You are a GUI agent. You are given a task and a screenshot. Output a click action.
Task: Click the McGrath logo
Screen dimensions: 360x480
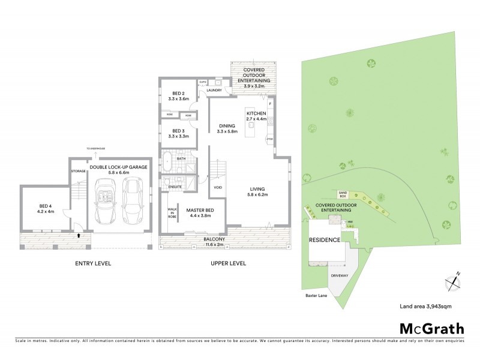click(431, 328)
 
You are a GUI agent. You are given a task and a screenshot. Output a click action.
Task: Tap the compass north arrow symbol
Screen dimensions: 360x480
click(452, 280)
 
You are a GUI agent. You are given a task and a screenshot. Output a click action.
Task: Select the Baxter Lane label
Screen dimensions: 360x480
click(313, 295)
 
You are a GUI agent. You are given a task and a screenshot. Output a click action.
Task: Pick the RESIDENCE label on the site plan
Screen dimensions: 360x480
click(325, 240)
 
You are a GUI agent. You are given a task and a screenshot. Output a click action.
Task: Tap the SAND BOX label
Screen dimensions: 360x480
click(343, 194)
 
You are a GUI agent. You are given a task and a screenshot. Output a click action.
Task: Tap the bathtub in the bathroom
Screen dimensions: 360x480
click(167, 163)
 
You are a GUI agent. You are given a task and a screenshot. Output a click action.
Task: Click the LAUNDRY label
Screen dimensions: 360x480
click(215, 91)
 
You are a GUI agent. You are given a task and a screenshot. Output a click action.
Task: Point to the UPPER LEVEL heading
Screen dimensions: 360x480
click(229, 263)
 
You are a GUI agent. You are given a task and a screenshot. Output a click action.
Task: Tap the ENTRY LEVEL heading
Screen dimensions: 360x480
click(93, 263)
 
